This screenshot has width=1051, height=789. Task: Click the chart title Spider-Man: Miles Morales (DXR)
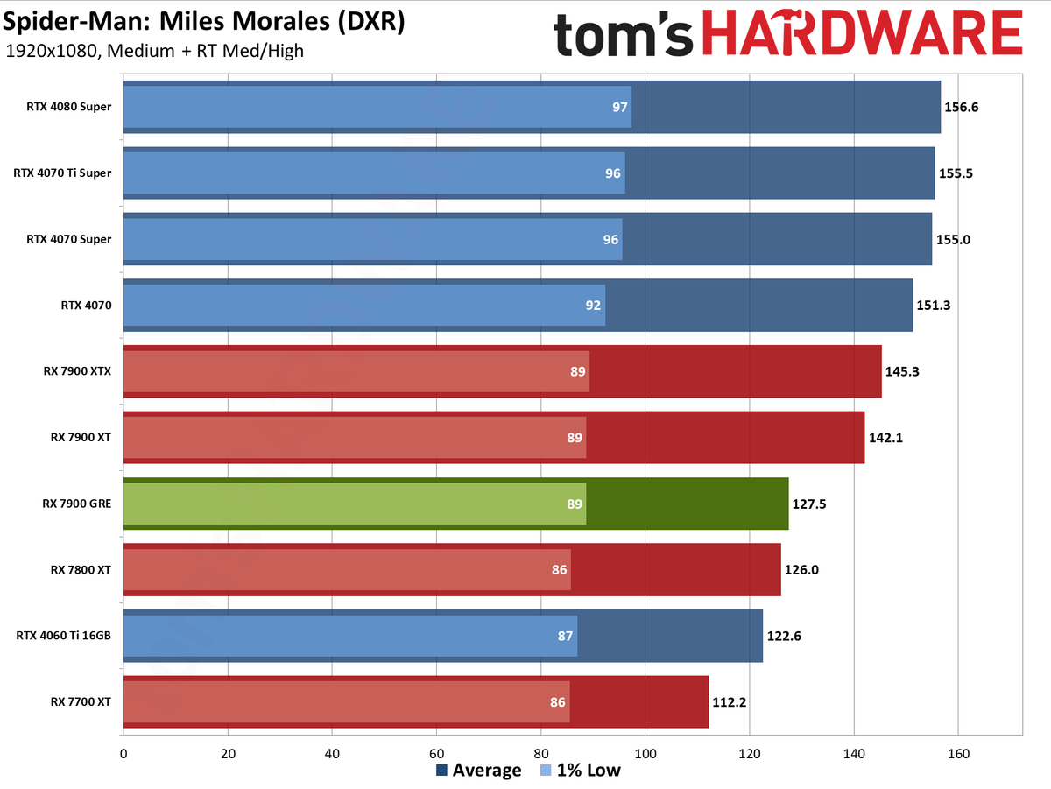(204, 22)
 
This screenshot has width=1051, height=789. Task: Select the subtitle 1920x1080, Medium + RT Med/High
(155, 51)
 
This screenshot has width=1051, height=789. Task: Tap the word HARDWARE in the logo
(863, 34)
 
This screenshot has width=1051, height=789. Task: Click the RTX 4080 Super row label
(69, 107)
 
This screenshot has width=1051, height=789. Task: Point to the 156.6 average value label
(961, 107)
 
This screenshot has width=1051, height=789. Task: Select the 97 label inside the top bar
(619, 107)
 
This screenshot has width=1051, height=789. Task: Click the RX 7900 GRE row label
(77, 504)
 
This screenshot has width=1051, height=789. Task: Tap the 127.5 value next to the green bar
(809, 504)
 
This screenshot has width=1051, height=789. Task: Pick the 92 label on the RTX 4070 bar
(593, 306)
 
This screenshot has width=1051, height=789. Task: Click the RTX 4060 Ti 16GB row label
(64, 636)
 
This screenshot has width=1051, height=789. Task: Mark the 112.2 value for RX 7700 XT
(730, 702)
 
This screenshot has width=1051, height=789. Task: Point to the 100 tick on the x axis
(645, 754)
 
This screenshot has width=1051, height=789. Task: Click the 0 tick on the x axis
(123, 754)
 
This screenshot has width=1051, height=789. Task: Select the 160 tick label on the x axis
(958, 754)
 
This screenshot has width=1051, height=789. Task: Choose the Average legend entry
(479, 771)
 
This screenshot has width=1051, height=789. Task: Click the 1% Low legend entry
(581, 771)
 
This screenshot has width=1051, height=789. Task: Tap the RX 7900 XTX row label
(78, 371)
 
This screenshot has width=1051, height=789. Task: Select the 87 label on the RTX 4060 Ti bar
(565, 637)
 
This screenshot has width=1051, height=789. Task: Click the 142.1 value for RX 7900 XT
(885, 438)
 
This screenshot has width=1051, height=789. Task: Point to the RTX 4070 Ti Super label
(62, 173)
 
